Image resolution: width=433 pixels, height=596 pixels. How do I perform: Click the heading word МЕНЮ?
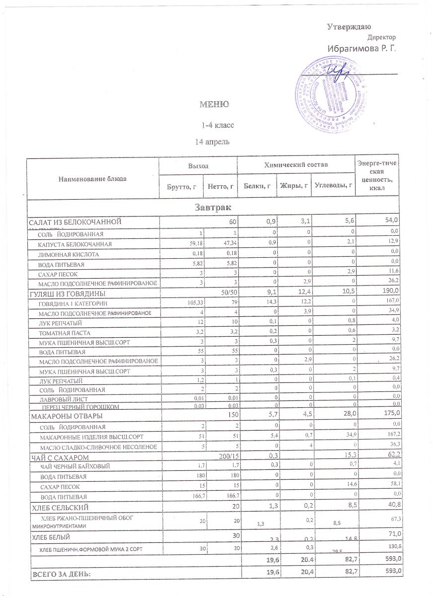pyautogui.click(x=214, y=104)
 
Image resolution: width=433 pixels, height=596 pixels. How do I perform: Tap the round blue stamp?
pyautogui.click(x=336, y=95)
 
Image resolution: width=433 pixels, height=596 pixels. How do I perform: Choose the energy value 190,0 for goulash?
pyautogui.click(x=390, y=293)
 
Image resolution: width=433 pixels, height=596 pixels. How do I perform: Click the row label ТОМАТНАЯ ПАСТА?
pyautogui.click(x=65, y=332)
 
